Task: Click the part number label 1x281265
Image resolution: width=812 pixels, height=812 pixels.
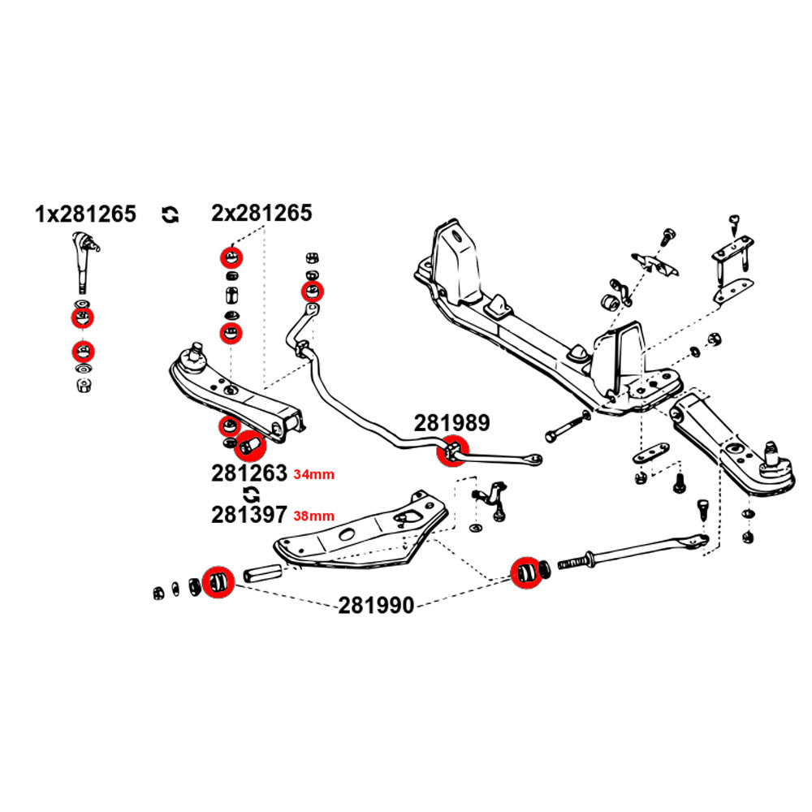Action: pos(85,214)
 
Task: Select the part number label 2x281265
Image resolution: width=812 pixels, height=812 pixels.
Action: pos(261,214)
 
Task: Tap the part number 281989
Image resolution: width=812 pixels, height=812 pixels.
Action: pos(452,424)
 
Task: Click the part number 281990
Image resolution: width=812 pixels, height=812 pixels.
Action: pos(376,605)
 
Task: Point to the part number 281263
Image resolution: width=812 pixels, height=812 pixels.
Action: pos(249,473)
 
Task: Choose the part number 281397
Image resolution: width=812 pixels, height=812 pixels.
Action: pos(249,514)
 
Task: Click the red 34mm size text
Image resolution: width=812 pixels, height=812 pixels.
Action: pos(313,474)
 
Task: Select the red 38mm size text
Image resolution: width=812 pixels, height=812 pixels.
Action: pos(313,515)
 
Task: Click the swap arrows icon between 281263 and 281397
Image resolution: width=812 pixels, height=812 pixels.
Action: pos(251,494)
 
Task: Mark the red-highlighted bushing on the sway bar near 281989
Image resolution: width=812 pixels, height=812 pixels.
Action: pos(452,452)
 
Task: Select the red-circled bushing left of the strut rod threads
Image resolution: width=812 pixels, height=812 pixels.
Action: pos(526,572)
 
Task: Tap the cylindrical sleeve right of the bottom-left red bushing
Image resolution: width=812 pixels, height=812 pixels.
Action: pos(259,575)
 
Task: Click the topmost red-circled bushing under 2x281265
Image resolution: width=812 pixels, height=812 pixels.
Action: pos(231,257)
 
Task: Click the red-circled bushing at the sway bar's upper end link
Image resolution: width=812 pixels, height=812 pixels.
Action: pos(311,291)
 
